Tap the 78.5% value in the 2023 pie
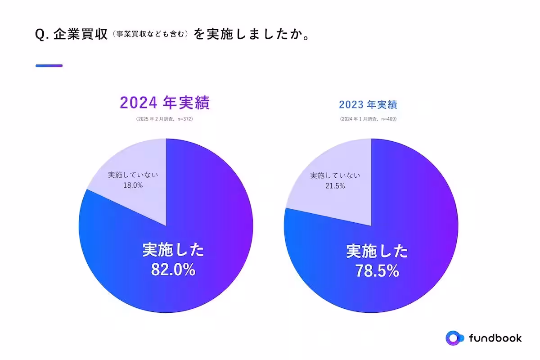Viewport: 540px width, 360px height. click(x=377, y=270)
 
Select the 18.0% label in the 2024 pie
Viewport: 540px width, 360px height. click(x=133, y=185)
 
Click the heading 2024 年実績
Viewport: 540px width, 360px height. click(x=165, y=103)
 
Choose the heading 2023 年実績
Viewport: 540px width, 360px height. click(x=368, y=105)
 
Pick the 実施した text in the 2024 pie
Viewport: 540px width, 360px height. click(x=173, y=250)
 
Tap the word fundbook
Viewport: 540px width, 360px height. click(x=495, y=338)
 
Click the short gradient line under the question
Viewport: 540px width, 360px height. click(x=49, y=66)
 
